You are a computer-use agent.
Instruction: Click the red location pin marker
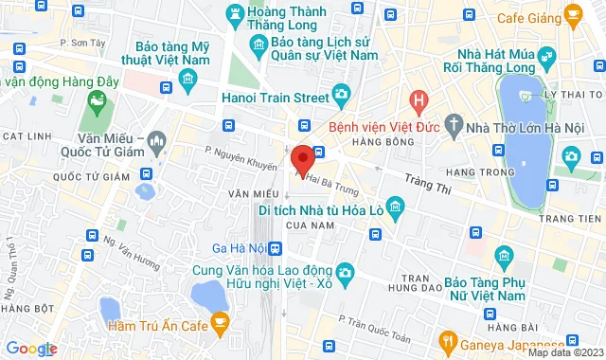tap(302, 158)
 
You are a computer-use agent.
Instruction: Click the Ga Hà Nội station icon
tap(275, 248)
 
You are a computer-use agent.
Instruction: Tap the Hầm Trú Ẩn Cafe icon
tap(220, 326)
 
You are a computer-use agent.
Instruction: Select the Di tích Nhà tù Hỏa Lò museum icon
tap(397, 205)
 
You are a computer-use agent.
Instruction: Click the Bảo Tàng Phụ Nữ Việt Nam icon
tap(503, 254)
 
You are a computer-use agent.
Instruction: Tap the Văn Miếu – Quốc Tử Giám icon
tap(157, 141)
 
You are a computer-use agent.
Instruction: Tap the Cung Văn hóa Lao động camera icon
tap(347, 273)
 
